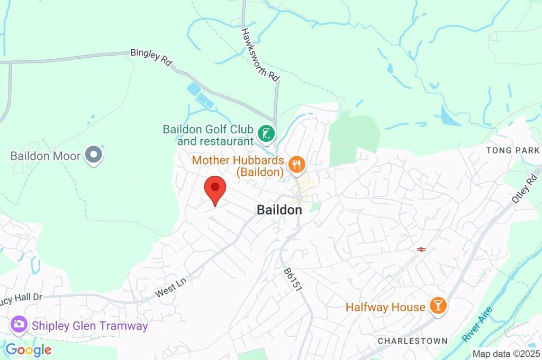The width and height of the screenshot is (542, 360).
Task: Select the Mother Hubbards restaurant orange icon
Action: pyautogui.click(x=296, y=165)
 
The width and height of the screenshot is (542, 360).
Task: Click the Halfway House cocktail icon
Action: pyautogui.click(x=438, y=305)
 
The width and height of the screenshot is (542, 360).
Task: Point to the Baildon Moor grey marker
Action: pyautogui.click(x=94, y=155)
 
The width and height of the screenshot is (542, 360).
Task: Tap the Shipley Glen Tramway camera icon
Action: pyautogui.click(x=19, y=325)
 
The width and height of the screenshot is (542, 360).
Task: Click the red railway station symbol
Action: pyautogui.click(x=422, y=249)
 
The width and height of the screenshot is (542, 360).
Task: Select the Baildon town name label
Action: pyautogui.click(x=279, y=210)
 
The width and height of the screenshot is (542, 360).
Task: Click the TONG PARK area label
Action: pyautogui.click(x=513, y=150)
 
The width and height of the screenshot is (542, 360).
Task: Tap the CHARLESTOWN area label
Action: pyautogui.click(x=412, y=340)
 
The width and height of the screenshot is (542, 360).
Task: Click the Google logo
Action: pyautogui.click(x=29, y=349)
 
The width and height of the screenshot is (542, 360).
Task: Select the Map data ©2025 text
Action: pyautogui.click(x=505, y=354)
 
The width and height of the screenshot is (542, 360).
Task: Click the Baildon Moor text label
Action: pyautogui.click(x=46, y=156)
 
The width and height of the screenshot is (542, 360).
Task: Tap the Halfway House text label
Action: pyautogui.click(x=385, y=307)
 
